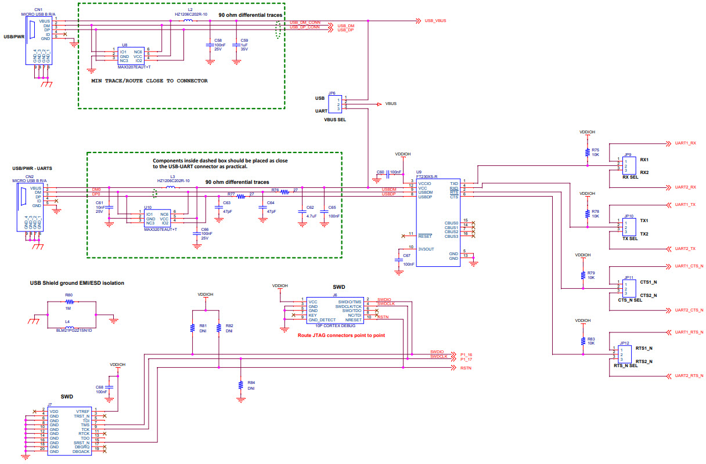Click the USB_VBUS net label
click(435, 21)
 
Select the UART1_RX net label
click(689, 143)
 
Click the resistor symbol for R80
click(69, 302)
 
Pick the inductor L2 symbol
click(188, 21)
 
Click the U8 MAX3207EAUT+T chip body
click(130, 56)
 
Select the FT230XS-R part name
click(427, 176)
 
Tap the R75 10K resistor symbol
click(587, 153)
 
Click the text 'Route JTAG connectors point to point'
click(341, 335)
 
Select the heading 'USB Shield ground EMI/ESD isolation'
click(77, 283)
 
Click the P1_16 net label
click(466, 354)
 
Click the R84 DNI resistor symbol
click(241, 385)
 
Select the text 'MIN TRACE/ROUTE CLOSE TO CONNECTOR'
click(149, 81)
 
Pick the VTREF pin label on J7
click(82, 411)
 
